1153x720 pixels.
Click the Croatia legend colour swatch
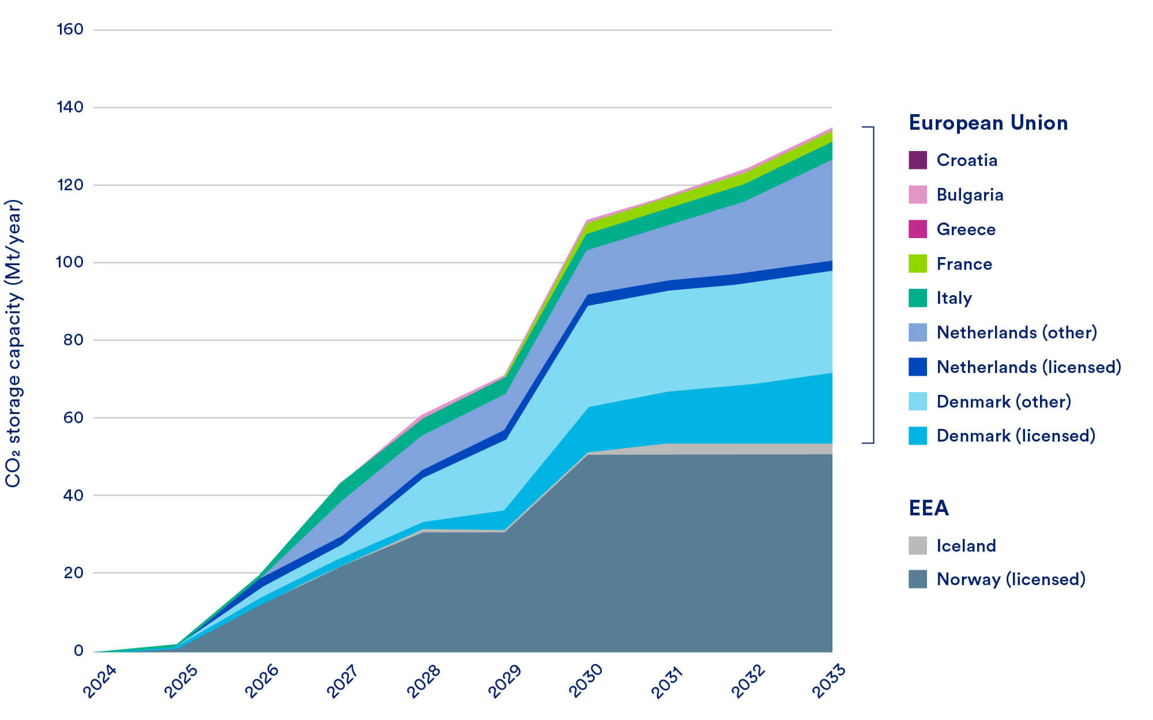tap(917, 160)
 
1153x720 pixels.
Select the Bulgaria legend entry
tap(970, 195)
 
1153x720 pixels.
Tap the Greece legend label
tap(966, 229)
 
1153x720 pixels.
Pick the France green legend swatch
tap(917, 263)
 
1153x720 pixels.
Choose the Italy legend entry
tap(954, 298)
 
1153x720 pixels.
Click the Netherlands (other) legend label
tap(1016, 333)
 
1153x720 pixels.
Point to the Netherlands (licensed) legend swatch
tap(917, 367)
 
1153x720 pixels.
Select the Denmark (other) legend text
tap(1003, 401)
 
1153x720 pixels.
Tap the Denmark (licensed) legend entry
tap(1015, 436)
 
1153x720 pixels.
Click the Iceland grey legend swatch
tap(917, 545)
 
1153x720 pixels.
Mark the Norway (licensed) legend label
tap(1011, 579)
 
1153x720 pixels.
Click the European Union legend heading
tap(988, 123)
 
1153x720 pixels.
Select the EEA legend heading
tap(928, 508)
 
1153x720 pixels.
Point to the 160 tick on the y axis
tap(70, 29)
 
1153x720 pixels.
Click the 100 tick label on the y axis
tap(70, 262)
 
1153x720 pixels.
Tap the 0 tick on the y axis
tap(78, 651)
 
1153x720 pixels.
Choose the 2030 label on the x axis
tap(586, 681)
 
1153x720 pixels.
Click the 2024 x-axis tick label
tap(100, 681)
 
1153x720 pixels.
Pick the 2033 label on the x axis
tap(828, 681)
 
